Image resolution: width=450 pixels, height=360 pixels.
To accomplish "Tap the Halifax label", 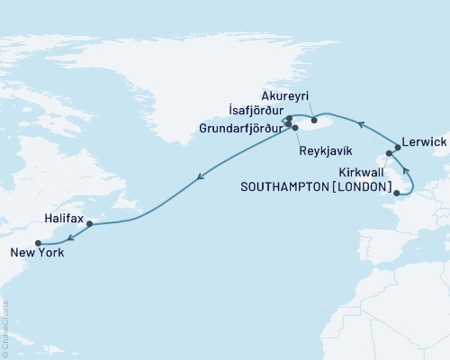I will [x=62, y=219].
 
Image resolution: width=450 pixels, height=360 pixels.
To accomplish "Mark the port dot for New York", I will [x=38, y=243].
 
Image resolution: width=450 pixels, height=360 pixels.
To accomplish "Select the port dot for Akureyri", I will [x=314, y=119].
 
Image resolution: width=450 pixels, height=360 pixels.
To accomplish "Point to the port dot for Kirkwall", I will [x=389, y=165].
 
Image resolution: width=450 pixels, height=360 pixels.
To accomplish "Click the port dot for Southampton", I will [x=397, y=192].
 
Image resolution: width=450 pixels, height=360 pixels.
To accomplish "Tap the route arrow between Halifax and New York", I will [x=70, y=235].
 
